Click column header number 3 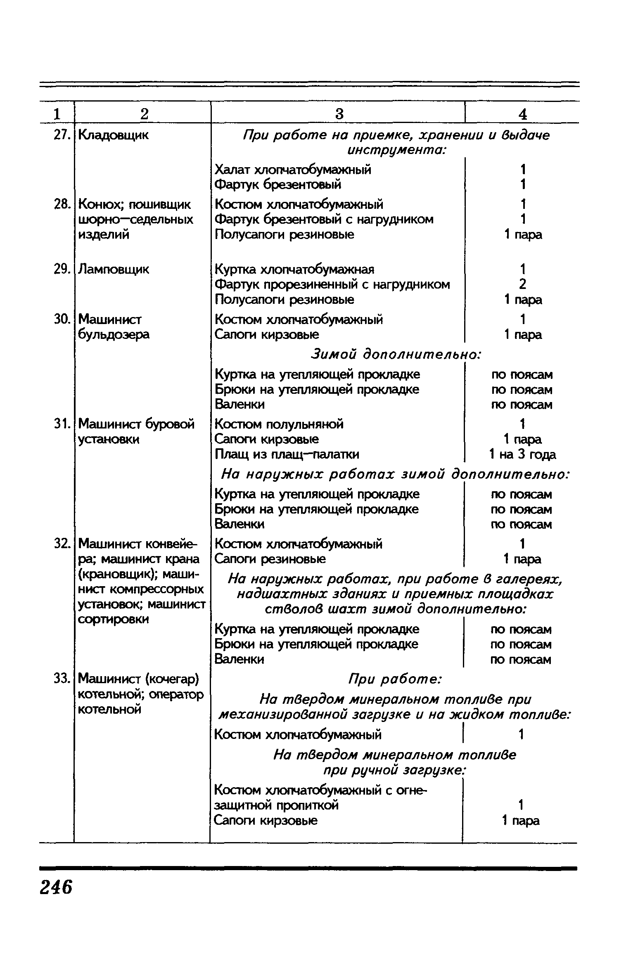coord(339,114)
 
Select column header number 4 coord(522,114)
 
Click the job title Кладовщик coord(113,135)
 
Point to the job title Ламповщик coord(114,270)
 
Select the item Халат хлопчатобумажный coord(293,169)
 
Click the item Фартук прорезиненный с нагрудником coord(332,284)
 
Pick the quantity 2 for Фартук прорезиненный coord(522,284)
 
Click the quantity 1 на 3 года coord(522,454)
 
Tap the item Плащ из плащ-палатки coord(287,454)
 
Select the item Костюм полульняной coord(279,424)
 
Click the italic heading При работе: coord(396,679)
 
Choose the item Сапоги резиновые coord(270,559)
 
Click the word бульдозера coord(114,334)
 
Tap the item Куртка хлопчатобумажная coord(294,270)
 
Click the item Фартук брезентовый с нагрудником coord(324,219)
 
